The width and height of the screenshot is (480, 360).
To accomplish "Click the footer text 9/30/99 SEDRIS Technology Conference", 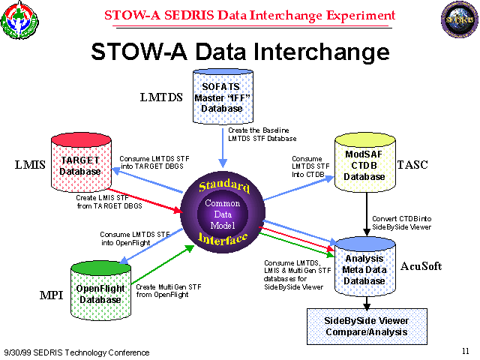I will [76, 352].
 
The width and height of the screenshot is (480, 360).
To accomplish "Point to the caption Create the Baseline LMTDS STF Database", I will [262, 134].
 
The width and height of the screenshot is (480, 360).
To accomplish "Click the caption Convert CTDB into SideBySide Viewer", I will [401, 223].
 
